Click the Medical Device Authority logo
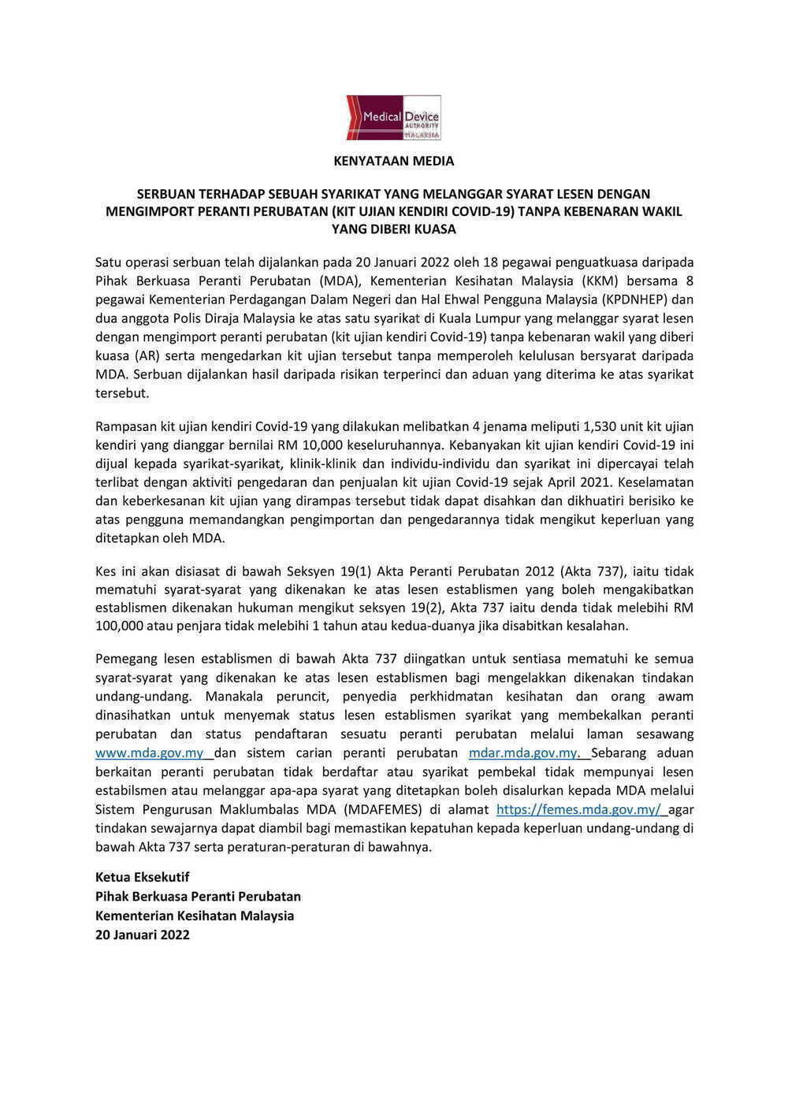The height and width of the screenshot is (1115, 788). tap(393, 118)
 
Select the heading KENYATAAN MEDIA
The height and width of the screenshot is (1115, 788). tap(393, 161)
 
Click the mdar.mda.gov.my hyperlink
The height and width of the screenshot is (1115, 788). tap(524, 753)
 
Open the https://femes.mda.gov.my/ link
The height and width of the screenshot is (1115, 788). tap(578, 810)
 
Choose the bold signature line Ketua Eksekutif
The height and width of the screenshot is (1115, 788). tap(143, 877)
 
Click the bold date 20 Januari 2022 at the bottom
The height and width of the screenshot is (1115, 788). tap(143, 935)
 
